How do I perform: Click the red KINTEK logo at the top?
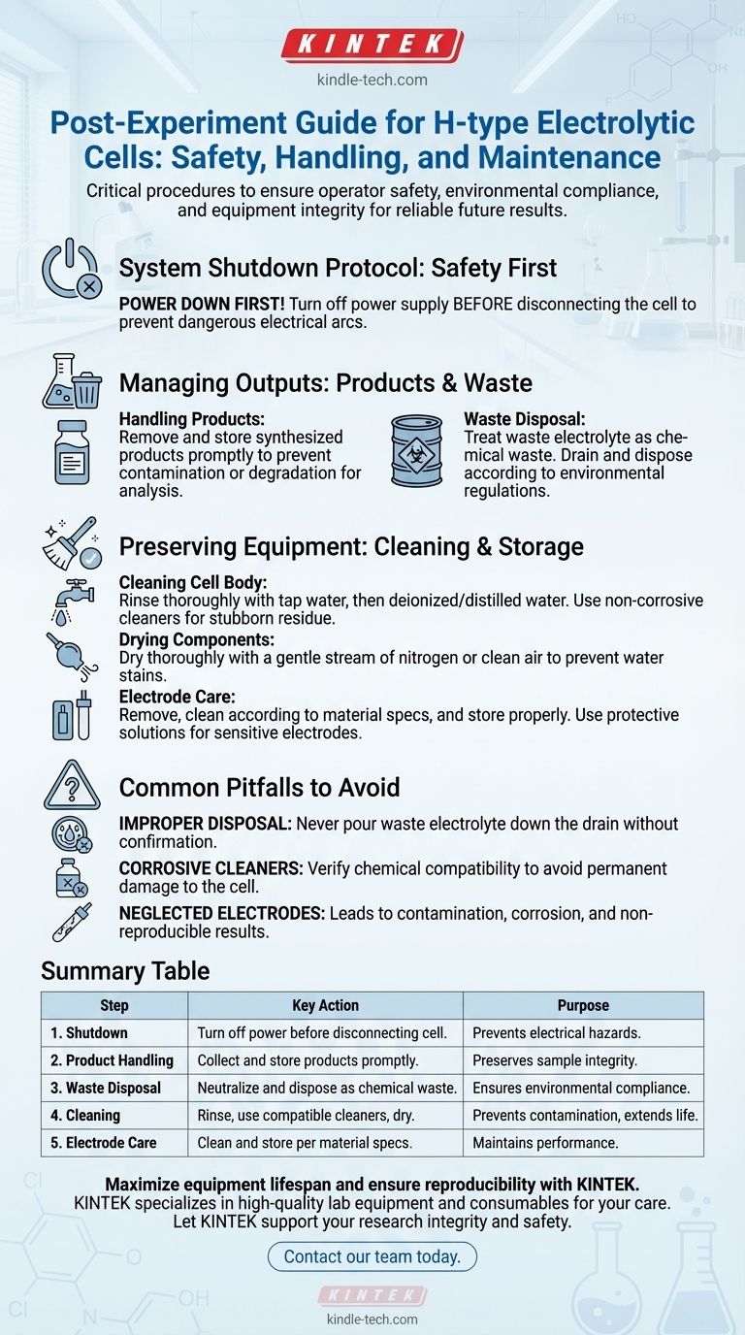click(372, 45)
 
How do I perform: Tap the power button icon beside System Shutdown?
click(71, 269)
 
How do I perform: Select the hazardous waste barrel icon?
click(415, 451)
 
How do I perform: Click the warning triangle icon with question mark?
click(72, 785)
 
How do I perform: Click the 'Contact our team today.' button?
click(372, 1256)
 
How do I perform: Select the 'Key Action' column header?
click(325, 1005)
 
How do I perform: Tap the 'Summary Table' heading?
click(124, 970)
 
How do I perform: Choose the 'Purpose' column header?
click(583, 1005)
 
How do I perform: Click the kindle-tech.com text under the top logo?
click(372, 81)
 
